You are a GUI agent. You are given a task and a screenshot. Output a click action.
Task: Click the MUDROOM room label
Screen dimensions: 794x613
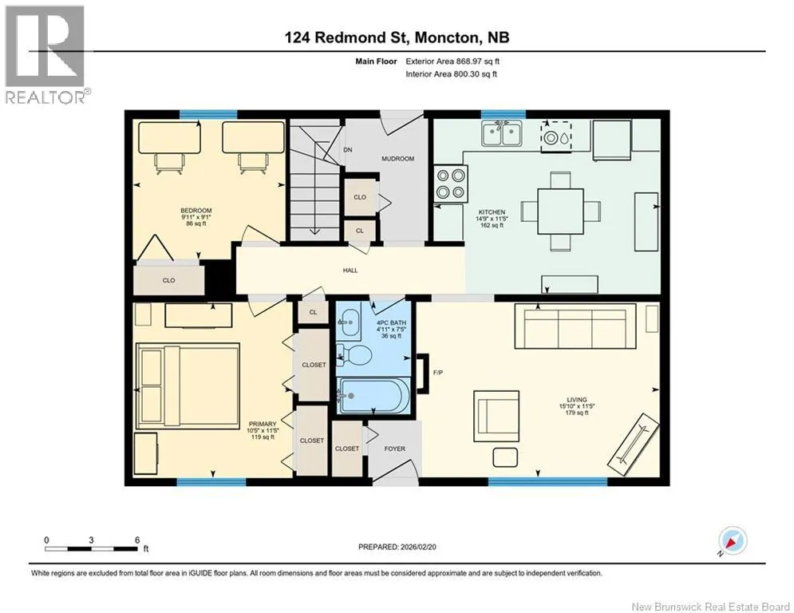pos(397,159)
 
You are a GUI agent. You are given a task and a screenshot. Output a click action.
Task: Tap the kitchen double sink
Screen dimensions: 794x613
pos(501,133)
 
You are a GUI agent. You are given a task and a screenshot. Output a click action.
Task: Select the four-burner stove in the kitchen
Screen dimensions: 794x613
pos(451,184)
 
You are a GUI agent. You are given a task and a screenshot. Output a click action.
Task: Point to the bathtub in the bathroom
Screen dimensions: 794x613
pos(373,396)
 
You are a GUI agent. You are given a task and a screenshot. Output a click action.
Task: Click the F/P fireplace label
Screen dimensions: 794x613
pos(438,373)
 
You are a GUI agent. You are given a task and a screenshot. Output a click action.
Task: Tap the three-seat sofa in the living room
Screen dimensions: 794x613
pos(575,326)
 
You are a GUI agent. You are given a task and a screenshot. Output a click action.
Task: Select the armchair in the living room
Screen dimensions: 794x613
pos(497,416)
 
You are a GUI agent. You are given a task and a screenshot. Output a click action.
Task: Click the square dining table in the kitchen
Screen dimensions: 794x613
pos(560,211)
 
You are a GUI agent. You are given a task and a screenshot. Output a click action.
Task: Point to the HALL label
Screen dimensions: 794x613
pos(350,271)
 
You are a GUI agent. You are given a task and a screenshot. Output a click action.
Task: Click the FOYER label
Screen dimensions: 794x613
pos(394,449)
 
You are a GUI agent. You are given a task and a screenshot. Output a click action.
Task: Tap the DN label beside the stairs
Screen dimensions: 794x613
pos(347,150)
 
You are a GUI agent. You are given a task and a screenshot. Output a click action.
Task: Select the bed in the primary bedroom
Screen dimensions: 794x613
pos(188,386)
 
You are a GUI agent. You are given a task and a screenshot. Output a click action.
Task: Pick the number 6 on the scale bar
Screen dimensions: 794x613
pos(137,540)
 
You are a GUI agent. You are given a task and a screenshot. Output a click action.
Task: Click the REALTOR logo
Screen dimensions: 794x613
pos(45,54)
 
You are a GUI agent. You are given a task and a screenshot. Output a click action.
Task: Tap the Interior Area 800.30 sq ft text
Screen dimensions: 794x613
pos(451,74)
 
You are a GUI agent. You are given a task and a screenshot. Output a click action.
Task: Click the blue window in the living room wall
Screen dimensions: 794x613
pos(547,482)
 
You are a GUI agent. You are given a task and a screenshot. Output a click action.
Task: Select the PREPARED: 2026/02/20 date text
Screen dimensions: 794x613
pos(397,547)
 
